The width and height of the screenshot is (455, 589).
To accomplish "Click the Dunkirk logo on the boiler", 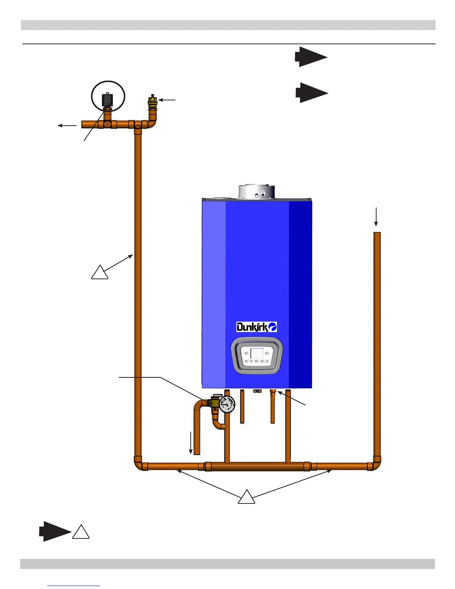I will (x=256, y=327).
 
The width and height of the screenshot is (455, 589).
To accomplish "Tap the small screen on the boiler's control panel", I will (x=257, y=353).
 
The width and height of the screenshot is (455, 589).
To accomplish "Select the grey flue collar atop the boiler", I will (x=256, y=191).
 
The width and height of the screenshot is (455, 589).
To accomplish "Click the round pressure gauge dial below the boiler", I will (x=227, y=404).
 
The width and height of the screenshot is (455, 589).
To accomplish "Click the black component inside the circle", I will (x=108, y=99).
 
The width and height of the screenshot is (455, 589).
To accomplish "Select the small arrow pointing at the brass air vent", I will (x=167, y=100).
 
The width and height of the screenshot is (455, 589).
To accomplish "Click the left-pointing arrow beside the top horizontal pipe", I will (x=67, y=126).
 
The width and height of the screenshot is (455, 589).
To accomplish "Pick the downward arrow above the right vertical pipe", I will (x=376, y=217).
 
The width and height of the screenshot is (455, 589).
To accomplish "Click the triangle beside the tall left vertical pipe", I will (x=100, y=273).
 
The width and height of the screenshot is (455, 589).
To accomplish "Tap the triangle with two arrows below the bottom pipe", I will (x=246, y=498).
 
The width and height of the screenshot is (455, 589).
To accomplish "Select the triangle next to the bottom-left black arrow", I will (x=81, y=532).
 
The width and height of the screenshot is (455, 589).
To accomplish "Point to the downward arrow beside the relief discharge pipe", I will (x=191, y=443).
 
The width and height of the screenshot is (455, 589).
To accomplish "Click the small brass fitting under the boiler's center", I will (x=256, y=391).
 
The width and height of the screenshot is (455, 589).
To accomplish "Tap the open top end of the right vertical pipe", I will (x=377, y=234).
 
